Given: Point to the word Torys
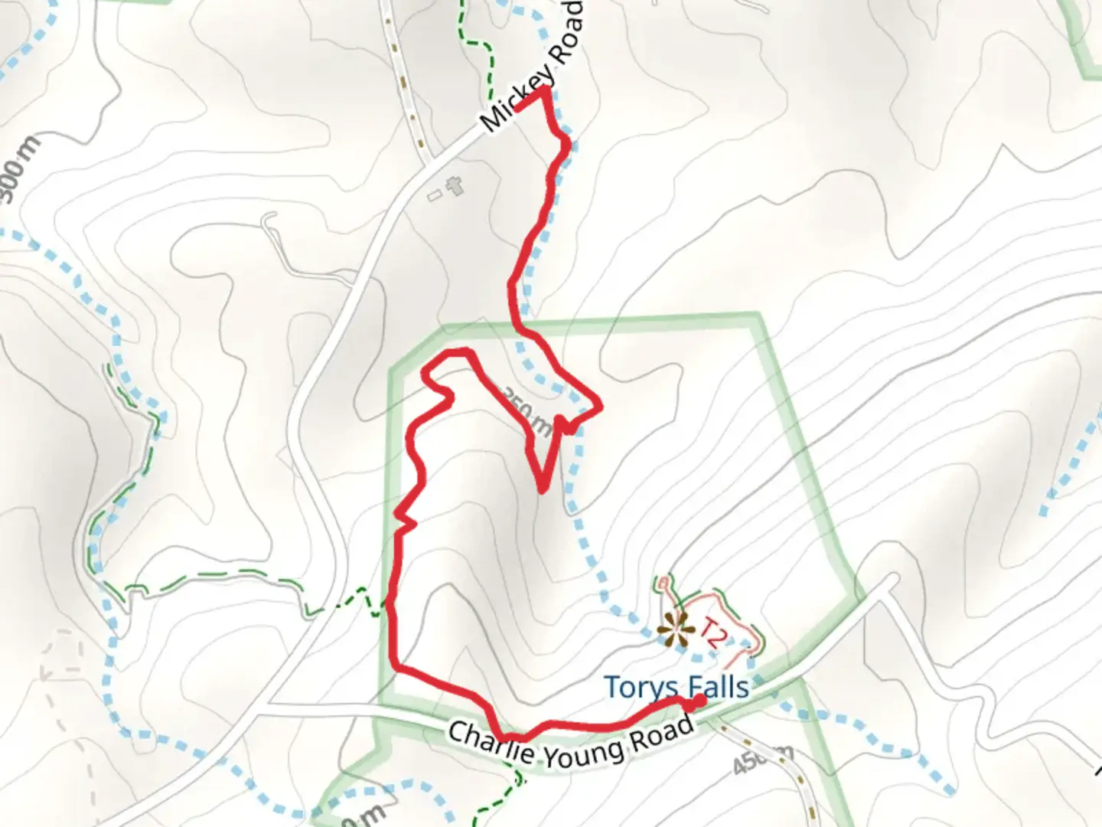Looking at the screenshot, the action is coord(639,687).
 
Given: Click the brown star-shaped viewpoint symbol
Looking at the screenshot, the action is coord(674,627).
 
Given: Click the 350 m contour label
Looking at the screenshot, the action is coord(526,410).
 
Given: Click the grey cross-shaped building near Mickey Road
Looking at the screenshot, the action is coord(455,185).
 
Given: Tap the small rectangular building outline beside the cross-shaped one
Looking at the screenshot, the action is coord(435,196).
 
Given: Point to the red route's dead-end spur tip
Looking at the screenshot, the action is coord(542,490).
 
